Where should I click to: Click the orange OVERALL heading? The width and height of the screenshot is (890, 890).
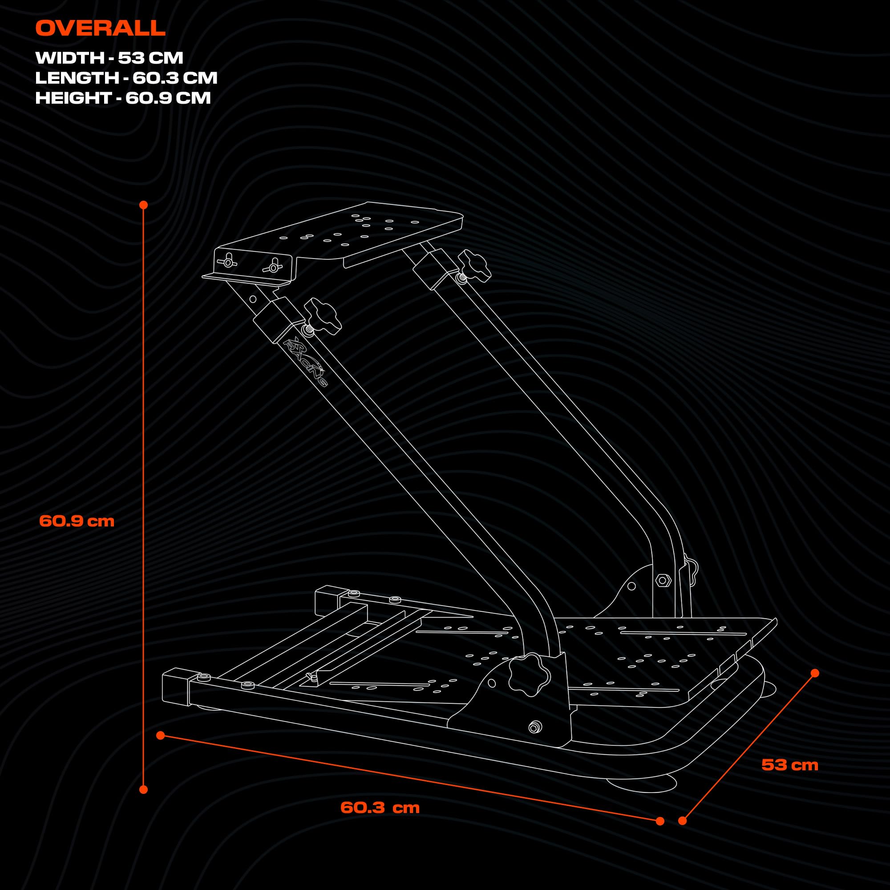(x=100, y=28)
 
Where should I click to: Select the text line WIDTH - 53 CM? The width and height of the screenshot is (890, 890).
(x=109, y=58)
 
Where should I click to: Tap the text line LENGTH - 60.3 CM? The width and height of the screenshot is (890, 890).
(x=126, y=78)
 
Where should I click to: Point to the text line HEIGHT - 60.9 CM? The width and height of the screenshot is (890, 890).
(x=122, y=97)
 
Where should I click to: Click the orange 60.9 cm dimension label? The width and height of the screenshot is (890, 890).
(x=77, y=521)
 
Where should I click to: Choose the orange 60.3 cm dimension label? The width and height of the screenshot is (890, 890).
(x=380, y=808)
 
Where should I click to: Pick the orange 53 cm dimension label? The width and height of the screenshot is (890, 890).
(x=789, y=765)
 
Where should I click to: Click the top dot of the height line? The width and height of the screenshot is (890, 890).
(x=143, y=205)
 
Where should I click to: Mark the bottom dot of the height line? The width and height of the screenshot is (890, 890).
(x=143, y=789)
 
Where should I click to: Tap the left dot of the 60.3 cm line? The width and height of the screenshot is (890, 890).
(x=160, y=735)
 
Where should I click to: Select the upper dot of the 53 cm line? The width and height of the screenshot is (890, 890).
(x=814, y=673)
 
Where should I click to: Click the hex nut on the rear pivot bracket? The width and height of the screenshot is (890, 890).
(x=663, y=580)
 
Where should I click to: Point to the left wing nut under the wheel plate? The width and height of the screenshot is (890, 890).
(x=227, y=261)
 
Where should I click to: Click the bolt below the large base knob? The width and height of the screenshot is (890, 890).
(x=534, y=728)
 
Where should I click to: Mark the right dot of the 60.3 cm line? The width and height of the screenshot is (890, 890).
(x=659, y=821)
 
